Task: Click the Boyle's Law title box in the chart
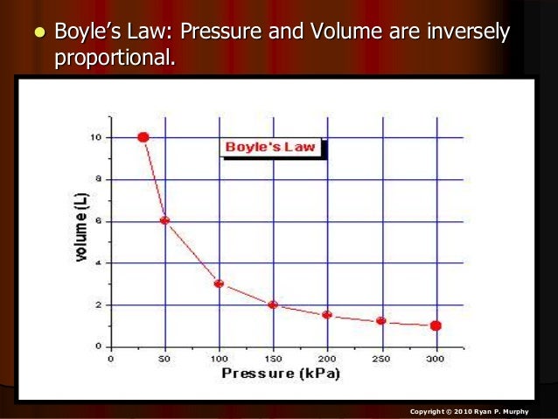coord(270,147)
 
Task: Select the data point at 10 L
coord(143,137)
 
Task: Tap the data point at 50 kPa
coord(164,220)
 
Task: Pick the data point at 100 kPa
coord(219,283)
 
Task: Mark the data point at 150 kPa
coord(273,304)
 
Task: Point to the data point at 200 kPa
coord(327,315)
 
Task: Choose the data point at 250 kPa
coord(381,321)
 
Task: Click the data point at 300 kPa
coord(436,325)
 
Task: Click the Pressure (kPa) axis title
coord(280,374)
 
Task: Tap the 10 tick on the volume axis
coord(95,137)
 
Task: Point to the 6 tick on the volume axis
coord(98,221)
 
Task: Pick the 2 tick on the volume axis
coord(98,305)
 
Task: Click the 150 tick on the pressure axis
coord(273,358)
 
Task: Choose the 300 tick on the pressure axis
coord(436,358)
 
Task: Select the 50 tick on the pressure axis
coord(164,358)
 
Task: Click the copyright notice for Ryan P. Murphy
coord(474,410)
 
